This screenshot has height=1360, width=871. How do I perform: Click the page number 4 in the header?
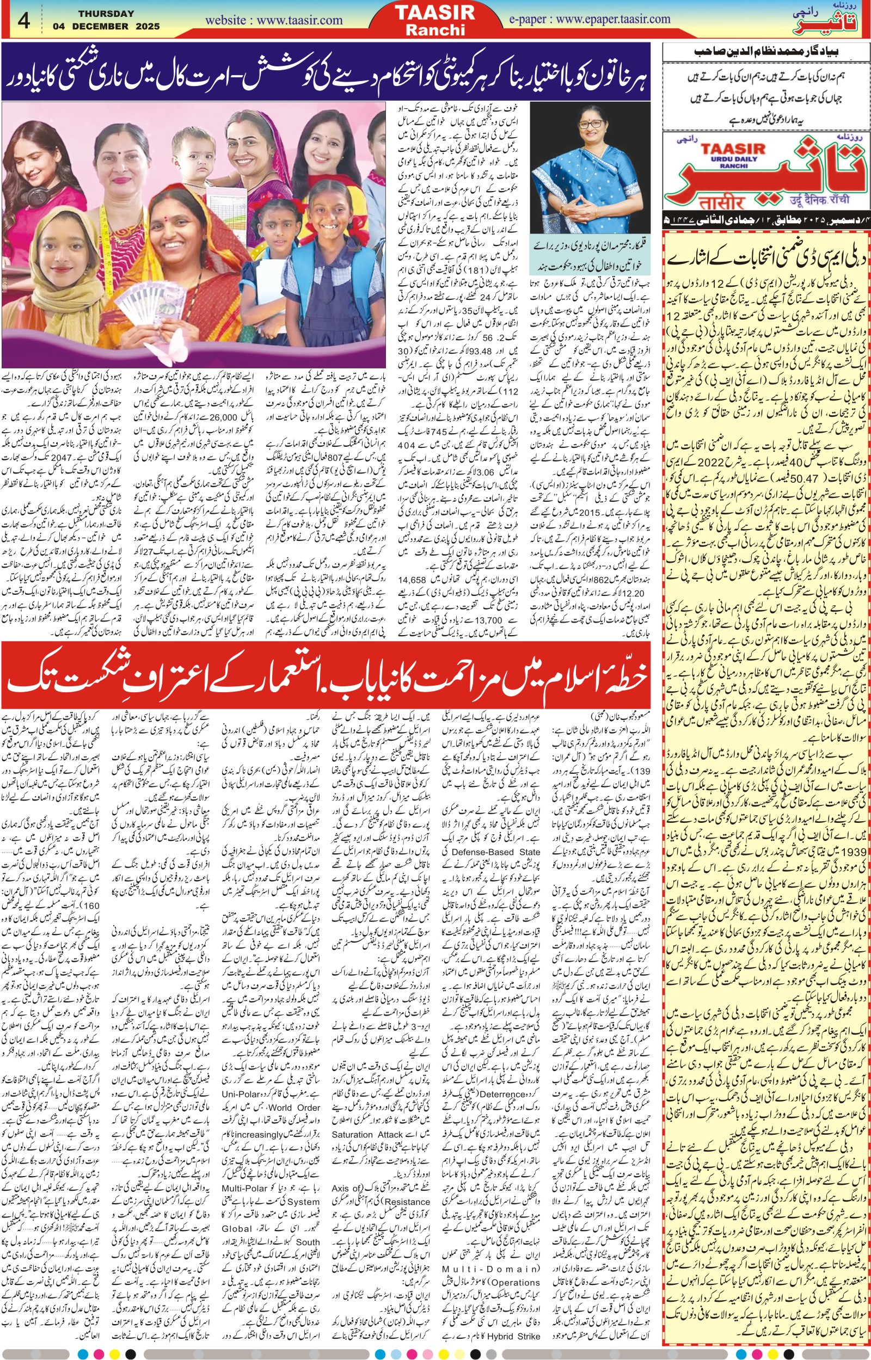[x=23, y=20]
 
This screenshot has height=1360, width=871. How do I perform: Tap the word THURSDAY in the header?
[x=106, y=13]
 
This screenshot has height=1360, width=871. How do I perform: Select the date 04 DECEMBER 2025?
[x=106, y=26]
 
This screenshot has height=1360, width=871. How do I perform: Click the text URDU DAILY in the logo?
[x=734, y=159]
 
